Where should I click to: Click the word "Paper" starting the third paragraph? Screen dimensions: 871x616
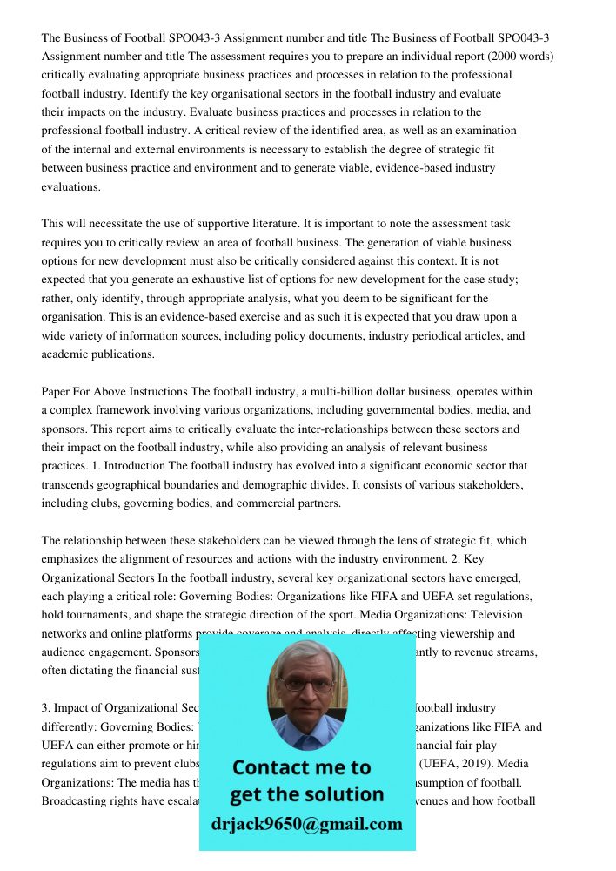(x=57, y=392)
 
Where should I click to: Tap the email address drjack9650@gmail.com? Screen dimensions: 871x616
(x=307, y=823)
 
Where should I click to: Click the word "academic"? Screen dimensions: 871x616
(x=64, y=354)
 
